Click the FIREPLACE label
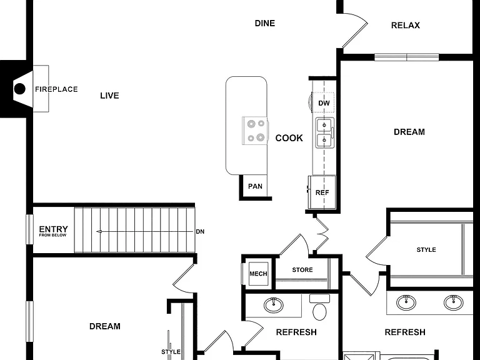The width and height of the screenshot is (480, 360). (56, 89)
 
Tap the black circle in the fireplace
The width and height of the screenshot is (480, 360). (20, 89)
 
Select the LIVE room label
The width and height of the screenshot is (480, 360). (109, 96)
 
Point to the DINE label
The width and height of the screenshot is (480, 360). (265, 23)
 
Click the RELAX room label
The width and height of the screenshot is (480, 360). (405, 25)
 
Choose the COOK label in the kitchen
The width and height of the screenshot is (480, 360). (289, 138)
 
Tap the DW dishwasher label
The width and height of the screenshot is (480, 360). (324, 103)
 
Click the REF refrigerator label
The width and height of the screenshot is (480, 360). (322, 192)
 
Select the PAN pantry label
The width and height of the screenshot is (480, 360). (255, 186)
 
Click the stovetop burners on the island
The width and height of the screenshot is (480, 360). (255, 131)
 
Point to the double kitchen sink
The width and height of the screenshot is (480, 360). (325, 133)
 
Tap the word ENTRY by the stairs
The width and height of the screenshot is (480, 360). (53, 229)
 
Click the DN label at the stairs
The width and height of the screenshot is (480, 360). (200, 232)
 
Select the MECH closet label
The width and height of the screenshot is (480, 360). (258, 274)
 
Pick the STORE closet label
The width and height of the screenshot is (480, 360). (302, 270)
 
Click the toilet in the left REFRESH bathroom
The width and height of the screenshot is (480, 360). (319, 307)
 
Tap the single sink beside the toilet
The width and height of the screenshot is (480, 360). (274, 305)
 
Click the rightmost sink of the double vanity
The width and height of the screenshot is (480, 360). (453, 302)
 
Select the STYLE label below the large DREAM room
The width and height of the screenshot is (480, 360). (426, 250)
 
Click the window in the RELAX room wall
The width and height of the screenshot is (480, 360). (406, 57)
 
